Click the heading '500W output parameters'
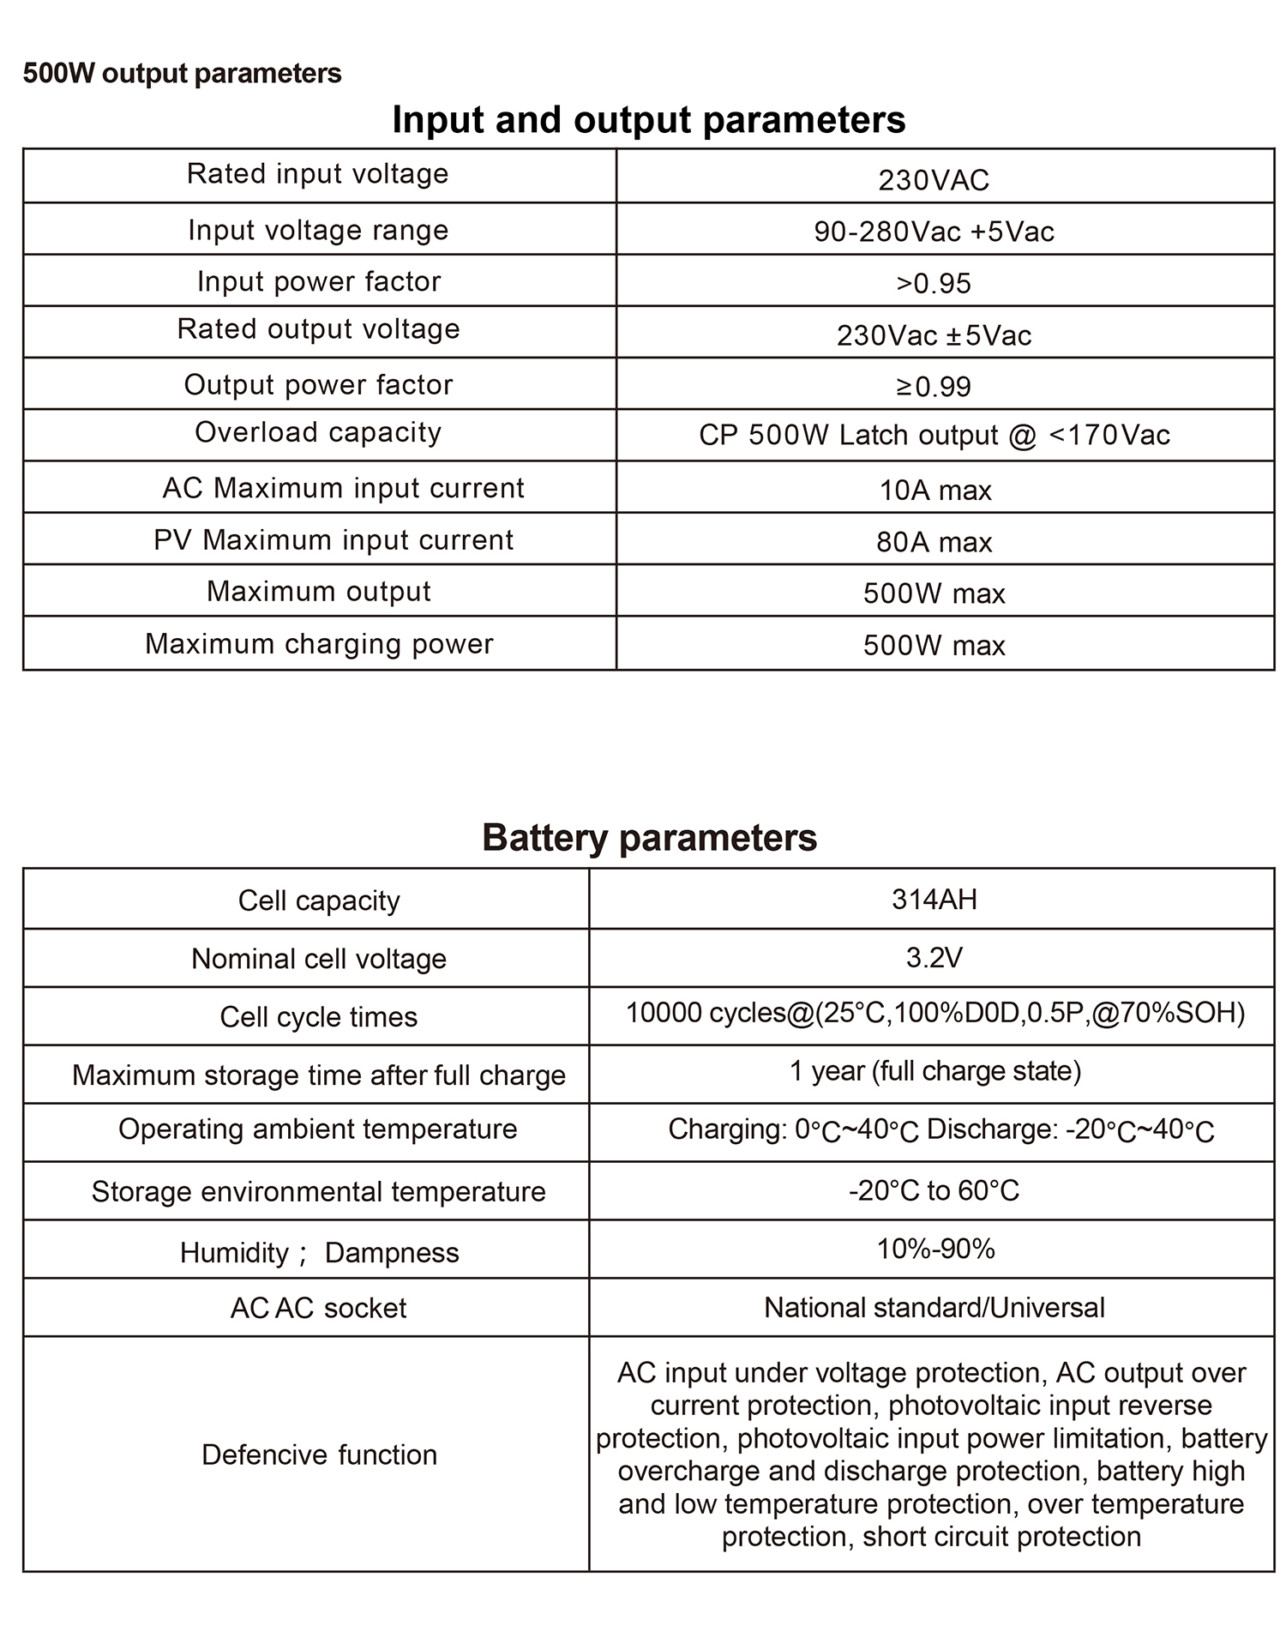tap(182, 74)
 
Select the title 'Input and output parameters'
tap(648, 120)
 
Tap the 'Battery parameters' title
tap(649, 838)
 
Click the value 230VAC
tap(934, 180)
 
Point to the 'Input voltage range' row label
tap(318, 230)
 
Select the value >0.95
tap(934, 283)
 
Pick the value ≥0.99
tap(934, 386)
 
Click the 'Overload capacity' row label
tap(318, 432)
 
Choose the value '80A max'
tap(934, 542)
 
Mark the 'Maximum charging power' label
tap(319, 644)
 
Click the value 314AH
tap(934, 899)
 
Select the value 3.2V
tap(934, 957)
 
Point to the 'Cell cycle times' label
tap(318, 1017)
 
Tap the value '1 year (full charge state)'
tap(934, 1071)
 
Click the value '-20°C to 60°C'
tap(934, 1190)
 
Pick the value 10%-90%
tap(934, 1249)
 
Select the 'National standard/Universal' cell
tap(934, 1307)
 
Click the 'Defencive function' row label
tap(319, 1454)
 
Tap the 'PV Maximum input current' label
tap(334, 540)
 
